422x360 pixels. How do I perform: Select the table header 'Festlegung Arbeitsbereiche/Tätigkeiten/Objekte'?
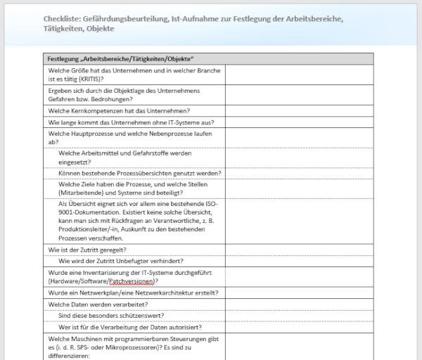click(x=119, y=58)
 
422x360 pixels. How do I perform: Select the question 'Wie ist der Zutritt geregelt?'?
click(x=87, y=249)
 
